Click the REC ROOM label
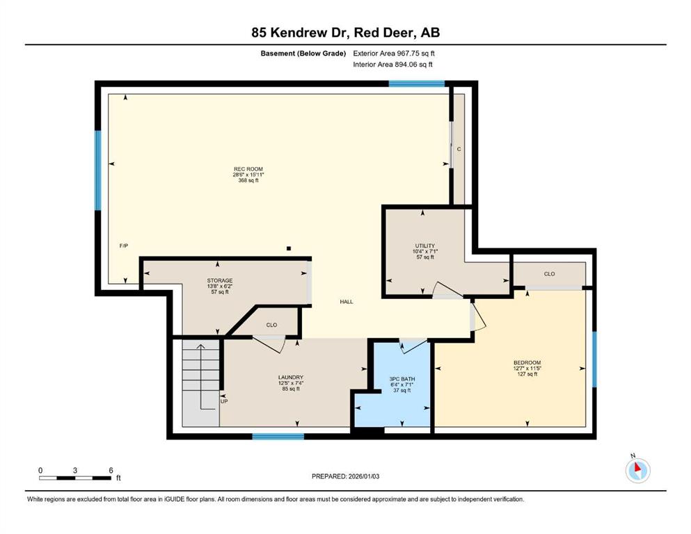point(248,169)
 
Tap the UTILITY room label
point(424,245)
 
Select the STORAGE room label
point(220,280)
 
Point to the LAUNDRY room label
point(291,378)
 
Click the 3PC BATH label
point(402,379)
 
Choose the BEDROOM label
point(527,363)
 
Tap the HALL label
point(347,302)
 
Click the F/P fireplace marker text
point(124,245)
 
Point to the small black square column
point(289,248)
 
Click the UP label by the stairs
point(224,401)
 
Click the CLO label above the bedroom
point(549,274)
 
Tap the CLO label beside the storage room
point(271,325)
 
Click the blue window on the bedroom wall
point(594,359)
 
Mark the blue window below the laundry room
point(278,436)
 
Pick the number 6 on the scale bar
point(111,470)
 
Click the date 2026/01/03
point(363,476)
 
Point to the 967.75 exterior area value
point(409,54)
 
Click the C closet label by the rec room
point(459,149)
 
